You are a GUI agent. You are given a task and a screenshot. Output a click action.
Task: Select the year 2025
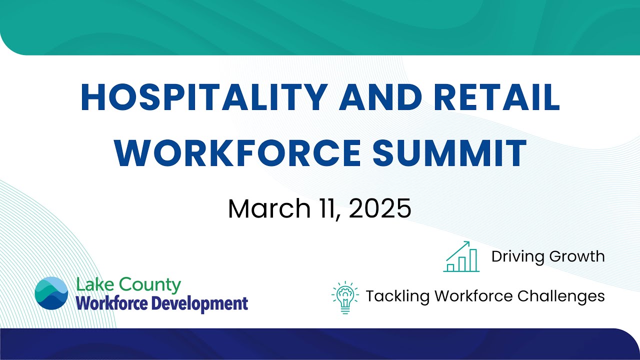(380, 208)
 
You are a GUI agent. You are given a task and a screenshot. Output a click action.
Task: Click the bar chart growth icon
(461, 256)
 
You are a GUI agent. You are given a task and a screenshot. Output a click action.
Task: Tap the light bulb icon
(345, 297)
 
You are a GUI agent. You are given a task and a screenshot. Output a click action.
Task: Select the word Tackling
(397, 296)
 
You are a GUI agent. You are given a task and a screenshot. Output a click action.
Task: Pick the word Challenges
(561, 296)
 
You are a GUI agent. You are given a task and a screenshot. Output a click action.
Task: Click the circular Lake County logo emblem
(51, 293)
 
